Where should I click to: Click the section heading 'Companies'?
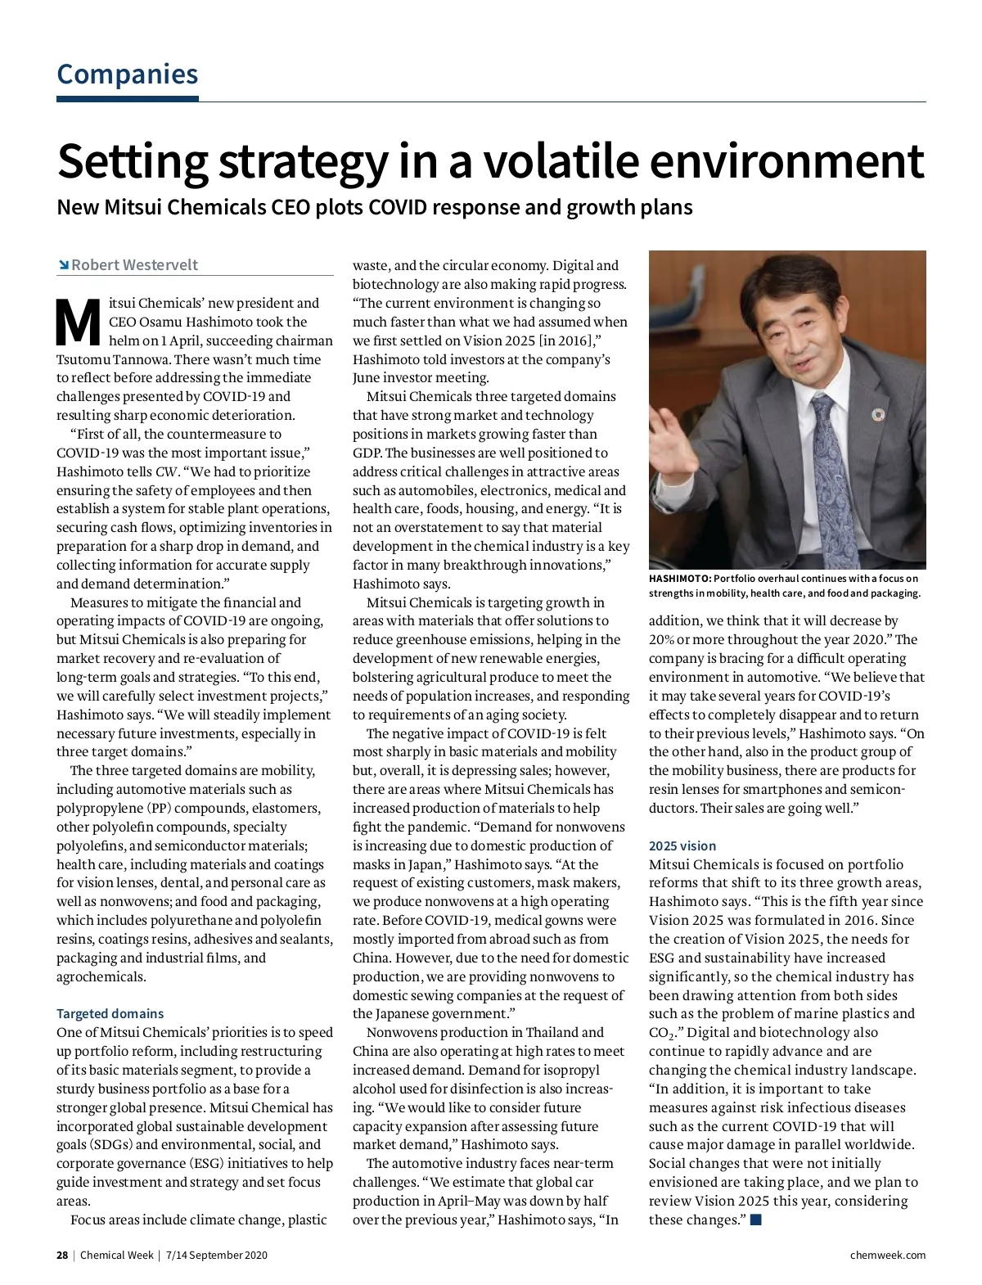point(127,74)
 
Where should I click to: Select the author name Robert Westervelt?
point(134,265)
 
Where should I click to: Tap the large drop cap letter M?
point(78,323)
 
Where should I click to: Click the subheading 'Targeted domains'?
point(110,1013)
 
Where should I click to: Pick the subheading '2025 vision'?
point(682,845)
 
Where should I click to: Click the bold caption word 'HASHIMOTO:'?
point(679,579)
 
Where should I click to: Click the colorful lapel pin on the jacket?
point(878,415)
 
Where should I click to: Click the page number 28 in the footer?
point(62,1255)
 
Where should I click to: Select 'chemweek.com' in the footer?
point(887,1255)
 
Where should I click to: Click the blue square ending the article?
point(755,1220)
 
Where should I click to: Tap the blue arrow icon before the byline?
point(63,265)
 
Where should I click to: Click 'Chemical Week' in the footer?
point(116,1255)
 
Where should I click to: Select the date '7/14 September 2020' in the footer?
point(216,1255)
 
